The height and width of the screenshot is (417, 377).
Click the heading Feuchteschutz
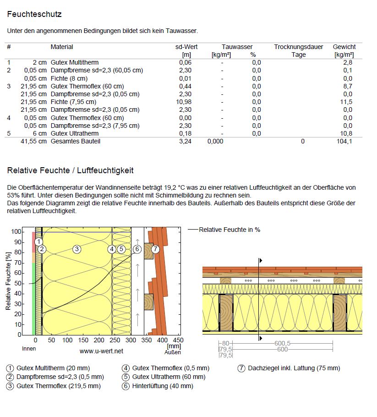(x=34, y=14)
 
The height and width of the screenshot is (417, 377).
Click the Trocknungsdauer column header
(x=298, y=47)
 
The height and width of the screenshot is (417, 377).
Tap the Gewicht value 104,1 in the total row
(x=344, y=142)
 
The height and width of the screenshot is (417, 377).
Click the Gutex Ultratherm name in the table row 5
(x=74, y=133)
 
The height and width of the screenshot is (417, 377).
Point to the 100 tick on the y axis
(x=16, y=232)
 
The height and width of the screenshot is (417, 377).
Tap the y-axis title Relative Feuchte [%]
(x=8, y=281)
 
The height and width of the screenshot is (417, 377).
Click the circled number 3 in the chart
(x=77, y=249)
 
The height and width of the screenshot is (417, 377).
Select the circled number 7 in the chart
(x=155, y=249)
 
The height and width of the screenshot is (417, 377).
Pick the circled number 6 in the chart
(x=137, y=249)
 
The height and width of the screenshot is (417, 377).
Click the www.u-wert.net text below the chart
(x=101, y=351)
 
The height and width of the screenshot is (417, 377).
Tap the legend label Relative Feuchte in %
(x=229, y=230)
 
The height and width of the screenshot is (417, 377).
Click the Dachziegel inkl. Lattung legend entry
(x=293, y=368)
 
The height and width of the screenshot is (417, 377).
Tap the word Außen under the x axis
(x=173, y=352)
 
